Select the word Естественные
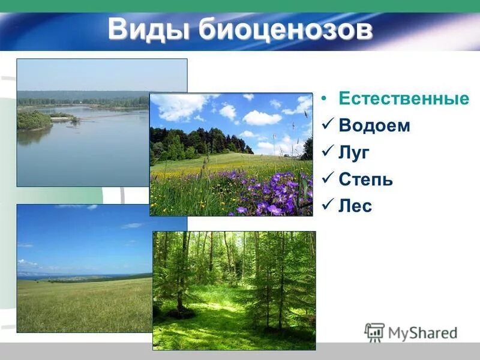coord(403,99)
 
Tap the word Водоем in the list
coord(374,126)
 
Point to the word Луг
coord(354,153)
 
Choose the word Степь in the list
coord(365,179)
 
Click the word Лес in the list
coord(355,206)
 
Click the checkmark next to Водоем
coord(327,125)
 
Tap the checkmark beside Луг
coord(327,152)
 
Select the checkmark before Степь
coord(327,179)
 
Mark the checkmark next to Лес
coord(327,206)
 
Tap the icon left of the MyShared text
coord(374,332)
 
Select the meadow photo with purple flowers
coord(231,154)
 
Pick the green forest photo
coord(234,290)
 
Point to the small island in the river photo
coord(34,121)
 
